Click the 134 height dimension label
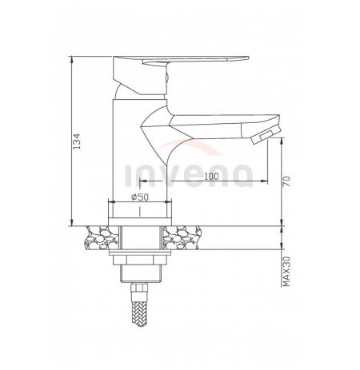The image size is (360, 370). [x=77, y=141]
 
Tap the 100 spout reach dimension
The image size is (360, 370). [x=211, y=176]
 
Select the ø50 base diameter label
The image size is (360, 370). [x=140, y=197]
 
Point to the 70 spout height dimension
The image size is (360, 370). [x=287, y=181]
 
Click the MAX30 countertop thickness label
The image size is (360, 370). [x=286, y=272]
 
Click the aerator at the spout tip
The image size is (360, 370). [x=266, y=135]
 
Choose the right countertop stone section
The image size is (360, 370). [x=181, y=237]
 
